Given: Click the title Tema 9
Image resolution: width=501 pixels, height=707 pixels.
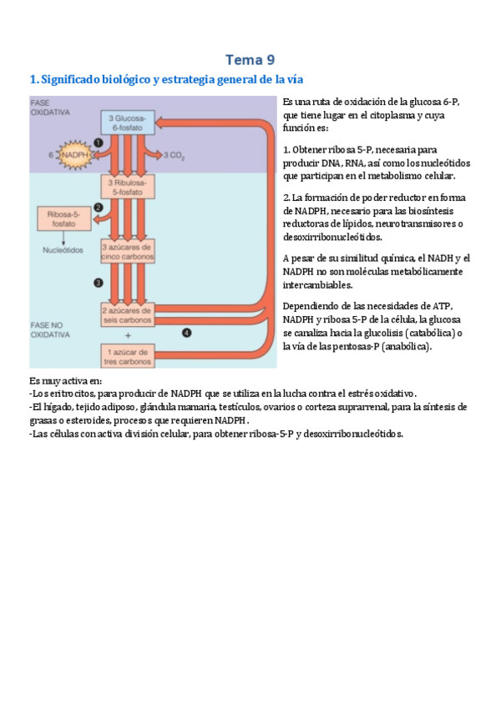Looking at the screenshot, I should click(x=250, y=59).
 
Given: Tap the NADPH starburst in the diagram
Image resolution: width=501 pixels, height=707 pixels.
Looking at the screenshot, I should click(x=75, y=154).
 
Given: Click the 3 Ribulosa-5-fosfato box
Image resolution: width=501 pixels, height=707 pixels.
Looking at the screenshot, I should click(x=125, y=186).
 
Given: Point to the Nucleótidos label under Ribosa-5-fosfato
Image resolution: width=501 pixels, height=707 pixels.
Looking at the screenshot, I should click(x=63, y=249).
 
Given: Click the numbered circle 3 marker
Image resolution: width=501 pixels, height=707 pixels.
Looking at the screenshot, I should click(x=98, y=283).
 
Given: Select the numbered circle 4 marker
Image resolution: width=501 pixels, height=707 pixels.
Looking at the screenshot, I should click(x=186, y=332).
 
